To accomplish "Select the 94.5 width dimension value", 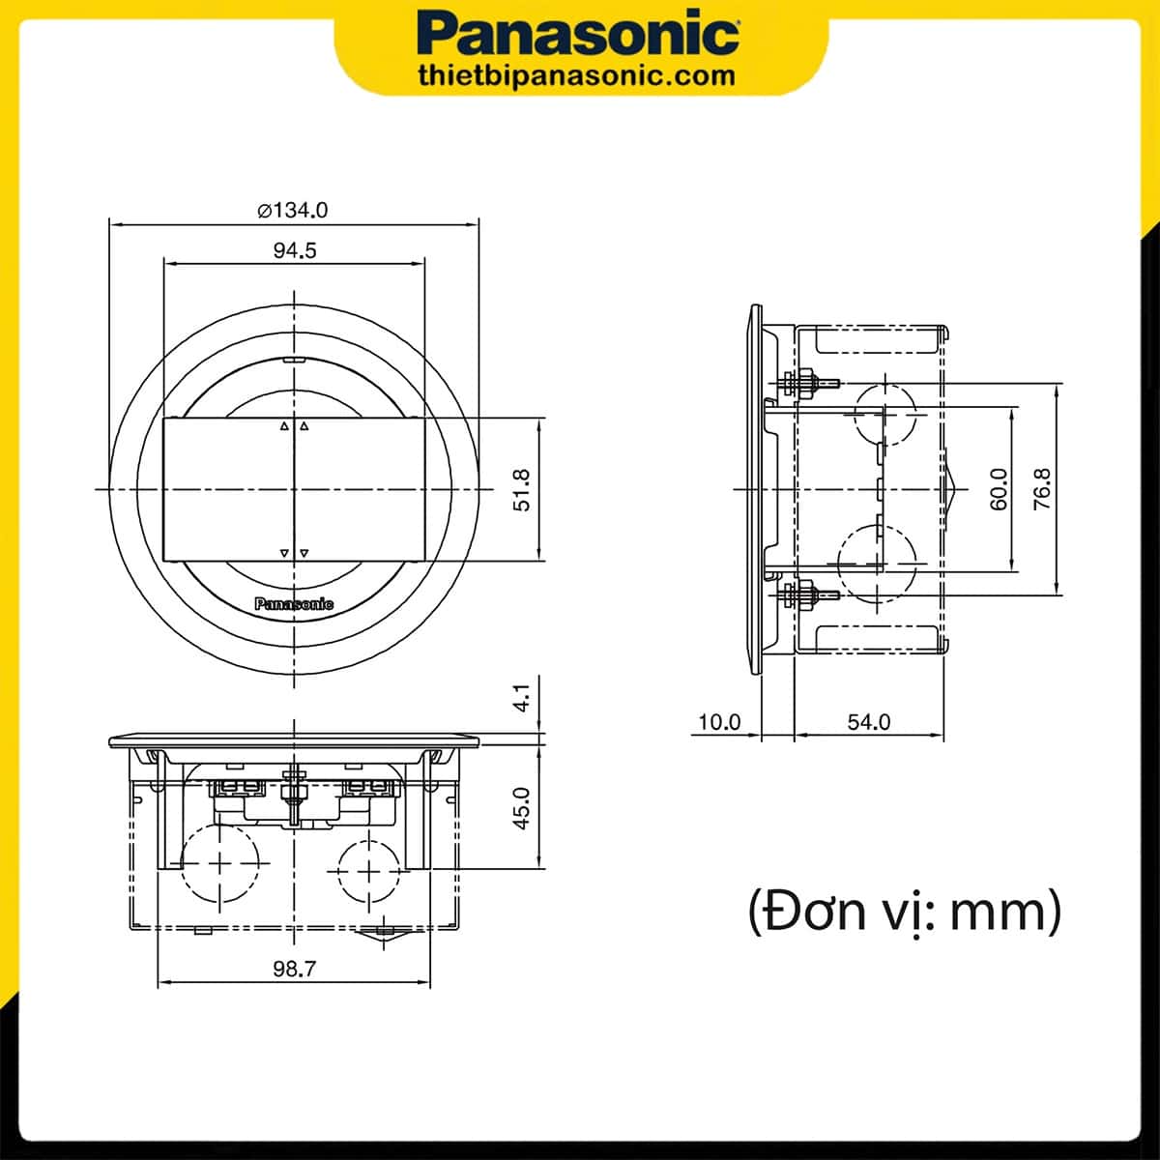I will tap(294, 250).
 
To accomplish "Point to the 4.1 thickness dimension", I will tap(522, 698).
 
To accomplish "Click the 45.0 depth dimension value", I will tap(522, 807).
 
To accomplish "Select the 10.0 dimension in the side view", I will tap(718, 722).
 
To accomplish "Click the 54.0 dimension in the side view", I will tap(869, 722).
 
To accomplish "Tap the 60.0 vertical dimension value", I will tap(999, 489).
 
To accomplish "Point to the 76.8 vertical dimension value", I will tap(1041, 489).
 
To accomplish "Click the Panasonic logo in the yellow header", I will tap(579, 36).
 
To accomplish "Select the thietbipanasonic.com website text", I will tap(579, 75).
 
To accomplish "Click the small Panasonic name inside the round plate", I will tap(294, 604).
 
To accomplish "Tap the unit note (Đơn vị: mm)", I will tap(904, 911).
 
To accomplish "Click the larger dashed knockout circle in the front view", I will tap(221, 863).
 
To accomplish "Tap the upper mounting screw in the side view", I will tap(810, 383).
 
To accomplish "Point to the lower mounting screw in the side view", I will tap(810, 594).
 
